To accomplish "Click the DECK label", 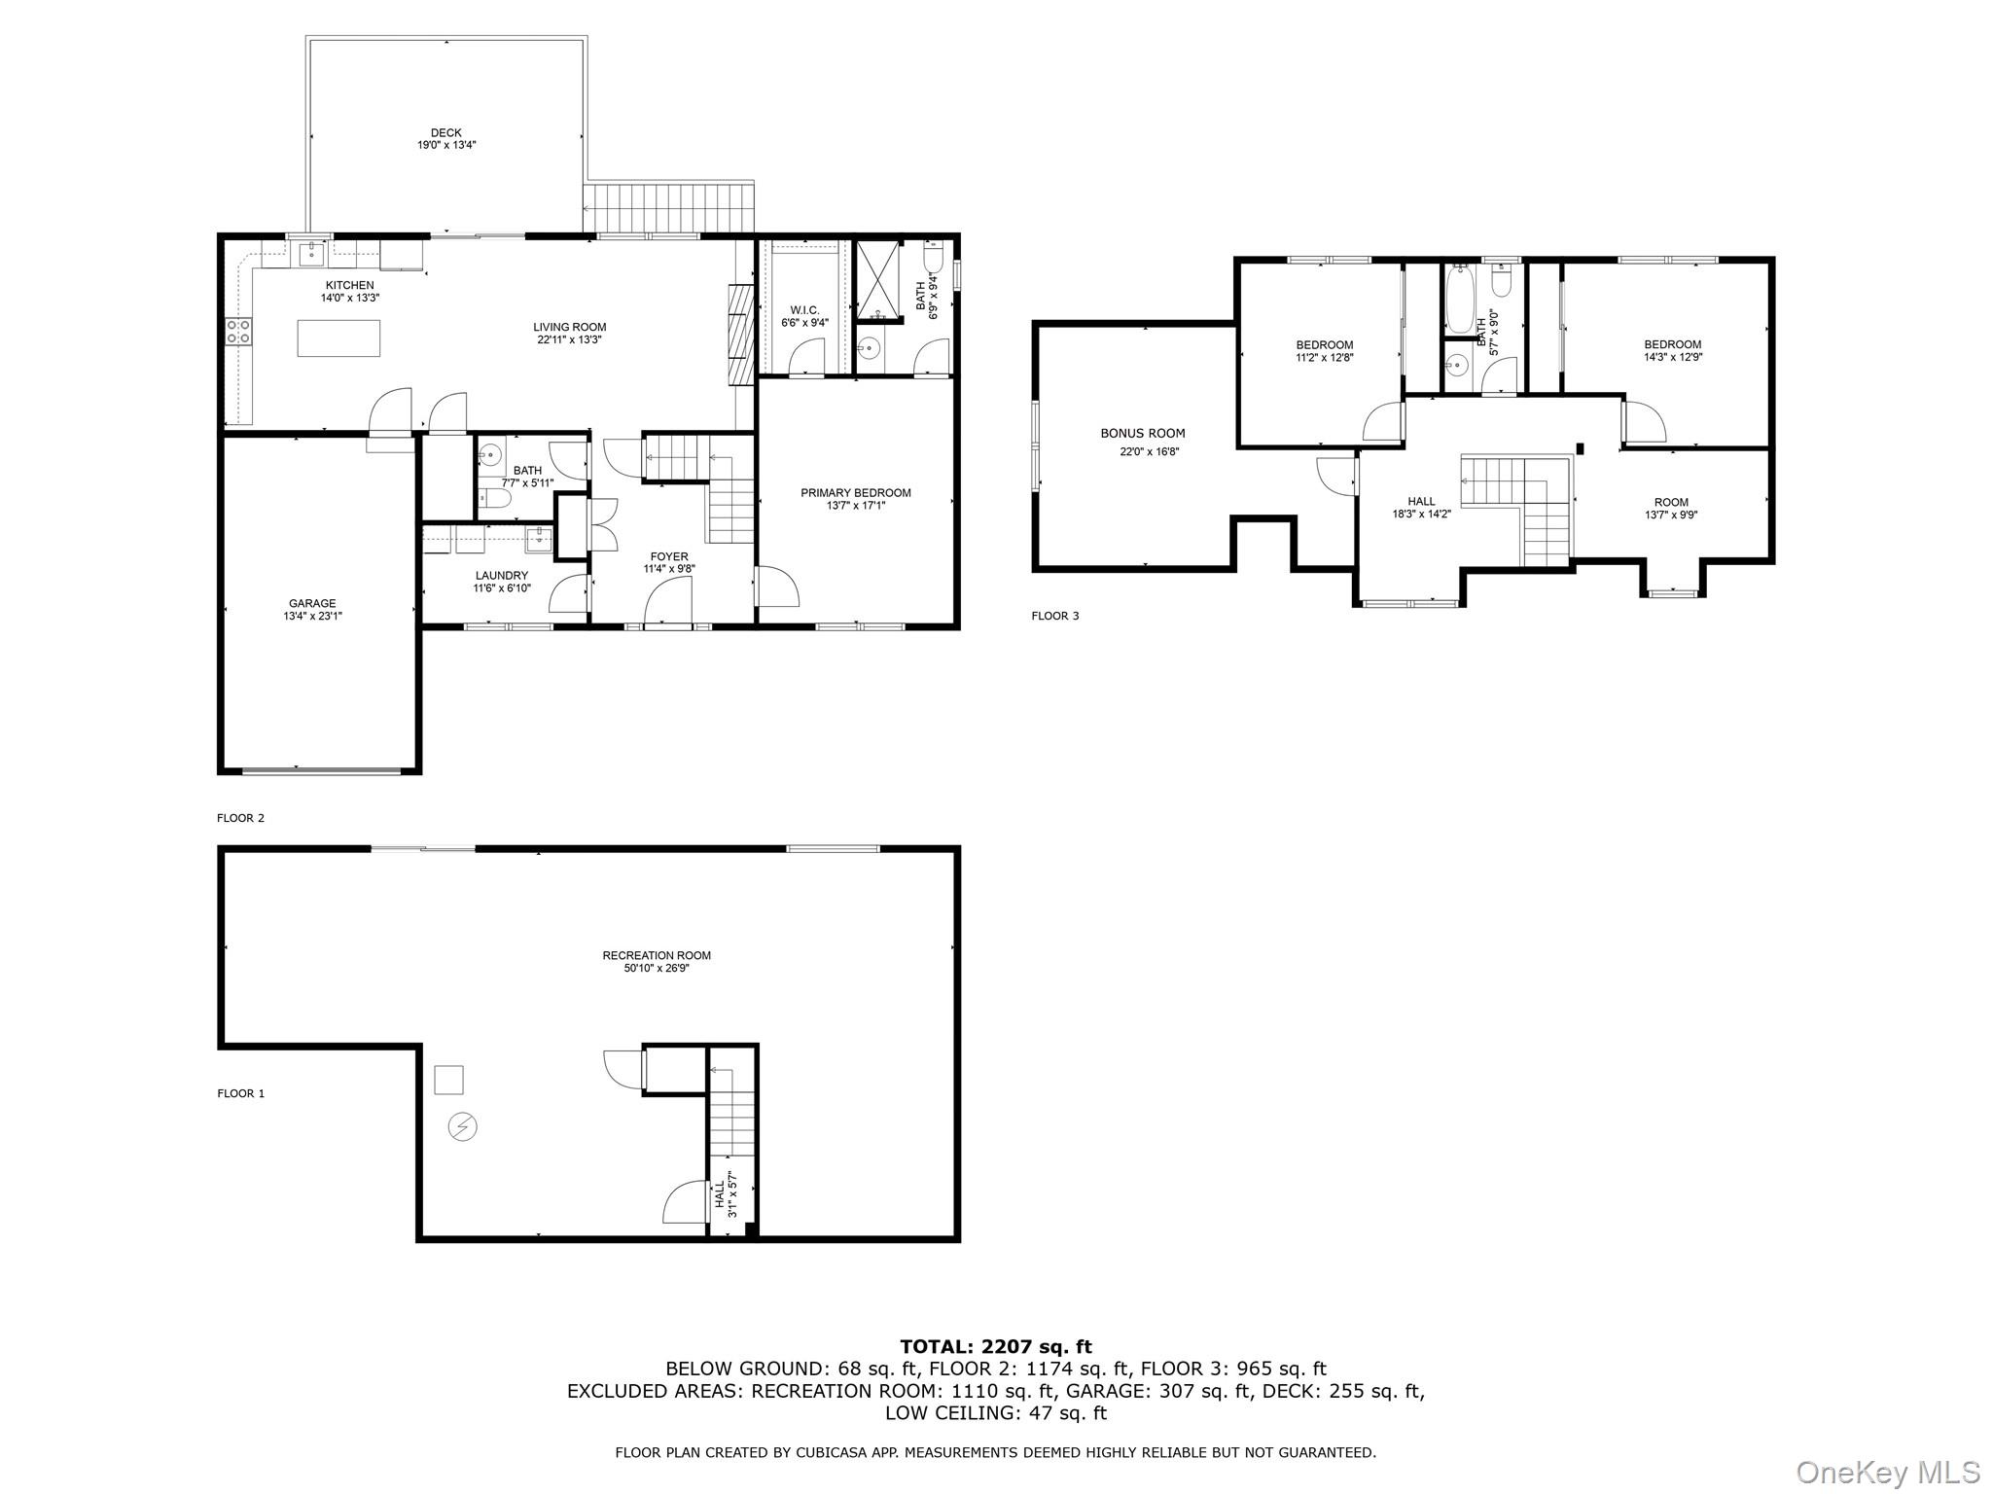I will pos(446,133).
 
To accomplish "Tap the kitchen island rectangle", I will pos(338,338).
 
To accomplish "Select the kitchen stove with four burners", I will pos(238,332).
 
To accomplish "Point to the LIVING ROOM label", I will pos(569,328).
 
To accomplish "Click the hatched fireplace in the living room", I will pos(741,335).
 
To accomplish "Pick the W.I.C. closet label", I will pos(804,310).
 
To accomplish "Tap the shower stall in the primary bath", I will pos(878,279).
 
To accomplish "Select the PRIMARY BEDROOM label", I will pos(855,493).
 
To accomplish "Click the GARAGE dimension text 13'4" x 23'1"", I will pos(311,616).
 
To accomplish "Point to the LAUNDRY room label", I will pos(502,576).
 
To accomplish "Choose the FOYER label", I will pos(668,557).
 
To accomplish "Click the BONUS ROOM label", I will pos(1143,434).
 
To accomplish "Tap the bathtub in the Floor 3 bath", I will pos(1459,300).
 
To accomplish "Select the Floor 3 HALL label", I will pos(1421,502).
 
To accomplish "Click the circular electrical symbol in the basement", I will pos(463,1126).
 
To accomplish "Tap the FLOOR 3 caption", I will pos(1055,616).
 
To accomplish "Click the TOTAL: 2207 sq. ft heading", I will pos(995,1347).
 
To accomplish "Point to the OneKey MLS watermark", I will pos(1887,1473).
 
